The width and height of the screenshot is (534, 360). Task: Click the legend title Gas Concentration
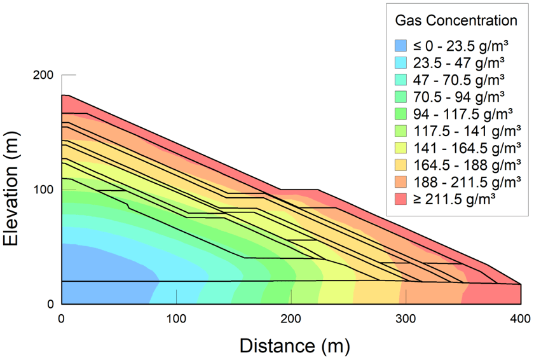click(456, 20)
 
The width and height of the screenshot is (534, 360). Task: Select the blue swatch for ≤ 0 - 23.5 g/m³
click(401, 46)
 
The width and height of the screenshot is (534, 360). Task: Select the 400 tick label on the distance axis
click(521, 318)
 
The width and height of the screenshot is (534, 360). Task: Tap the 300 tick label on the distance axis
click(406, 318)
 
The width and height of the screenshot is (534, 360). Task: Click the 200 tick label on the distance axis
click(291, 318)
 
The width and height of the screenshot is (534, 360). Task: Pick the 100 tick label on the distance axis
click(176, 318)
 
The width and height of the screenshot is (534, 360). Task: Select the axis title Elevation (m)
click(15, 190)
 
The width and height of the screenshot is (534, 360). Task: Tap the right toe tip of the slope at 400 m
click(520, 284)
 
